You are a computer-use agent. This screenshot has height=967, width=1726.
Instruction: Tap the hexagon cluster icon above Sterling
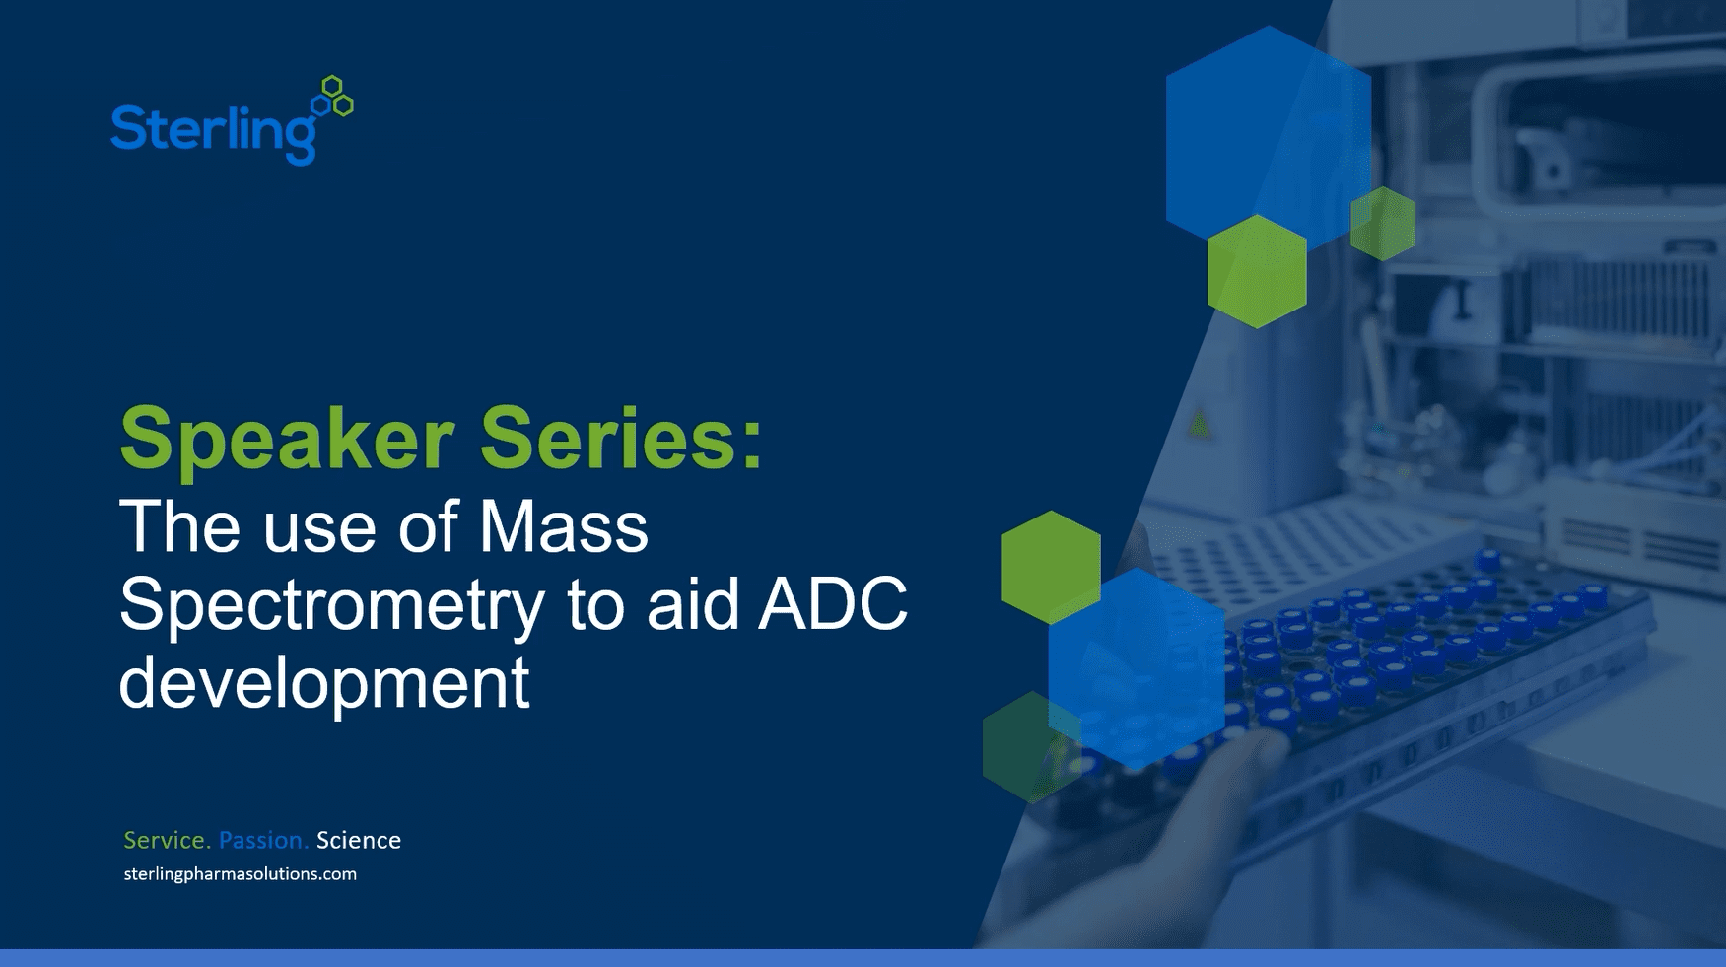point(333,97)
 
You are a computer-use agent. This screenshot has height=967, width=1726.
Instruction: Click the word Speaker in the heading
point(286,439)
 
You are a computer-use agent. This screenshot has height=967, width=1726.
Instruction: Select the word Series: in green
point(621,439)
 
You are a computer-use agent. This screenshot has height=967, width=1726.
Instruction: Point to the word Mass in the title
point(563,527)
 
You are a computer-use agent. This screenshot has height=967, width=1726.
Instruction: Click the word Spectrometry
point(331,604)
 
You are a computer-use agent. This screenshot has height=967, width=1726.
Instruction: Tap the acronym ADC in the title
point(832,603)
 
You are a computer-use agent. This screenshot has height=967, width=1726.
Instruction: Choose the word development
point(323,682)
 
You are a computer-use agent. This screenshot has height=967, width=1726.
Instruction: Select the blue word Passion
point(262,840)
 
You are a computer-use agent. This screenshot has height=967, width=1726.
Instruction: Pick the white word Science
point(358,840)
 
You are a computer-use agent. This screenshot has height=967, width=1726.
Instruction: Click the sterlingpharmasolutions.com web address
point(240,874)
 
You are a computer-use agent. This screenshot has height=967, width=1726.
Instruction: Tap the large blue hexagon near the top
point(1268,128)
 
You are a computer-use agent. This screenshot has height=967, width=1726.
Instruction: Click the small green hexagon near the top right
point(1383,224)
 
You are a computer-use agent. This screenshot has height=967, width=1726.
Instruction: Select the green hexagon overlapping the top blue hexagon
point(1257,272)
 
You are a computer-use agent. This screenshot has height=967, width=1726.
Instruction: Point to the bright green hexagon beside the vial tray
point(1051,566)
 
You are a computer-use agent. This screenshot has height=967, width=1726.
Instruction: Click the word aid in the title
point(692,603)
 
